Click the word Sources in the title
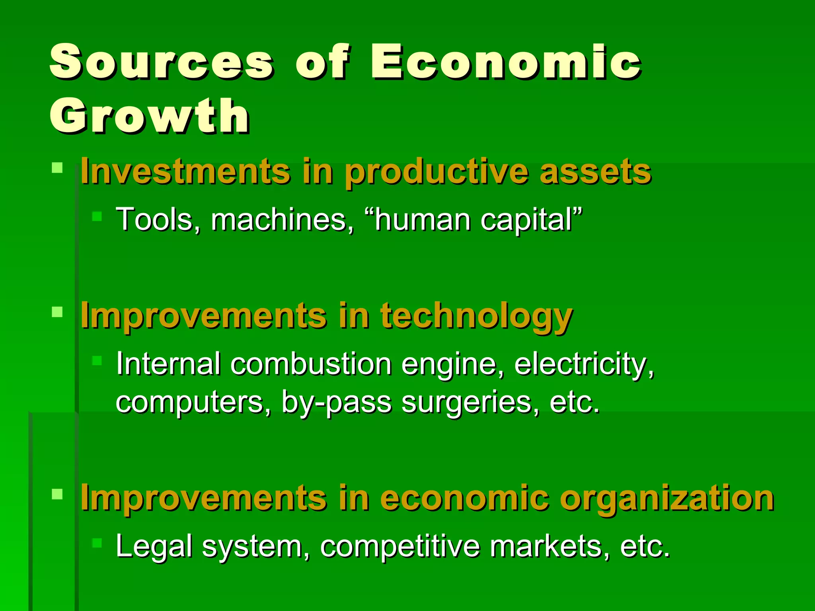point(161,62)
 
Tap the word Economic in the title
point(505,62)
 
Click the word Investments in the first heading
point(185,172)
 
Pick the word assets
point(595,172)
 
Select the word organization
point(667,498)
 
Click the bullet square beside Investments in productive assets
point(57,167)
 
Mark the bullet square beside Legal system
point(97,543)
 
